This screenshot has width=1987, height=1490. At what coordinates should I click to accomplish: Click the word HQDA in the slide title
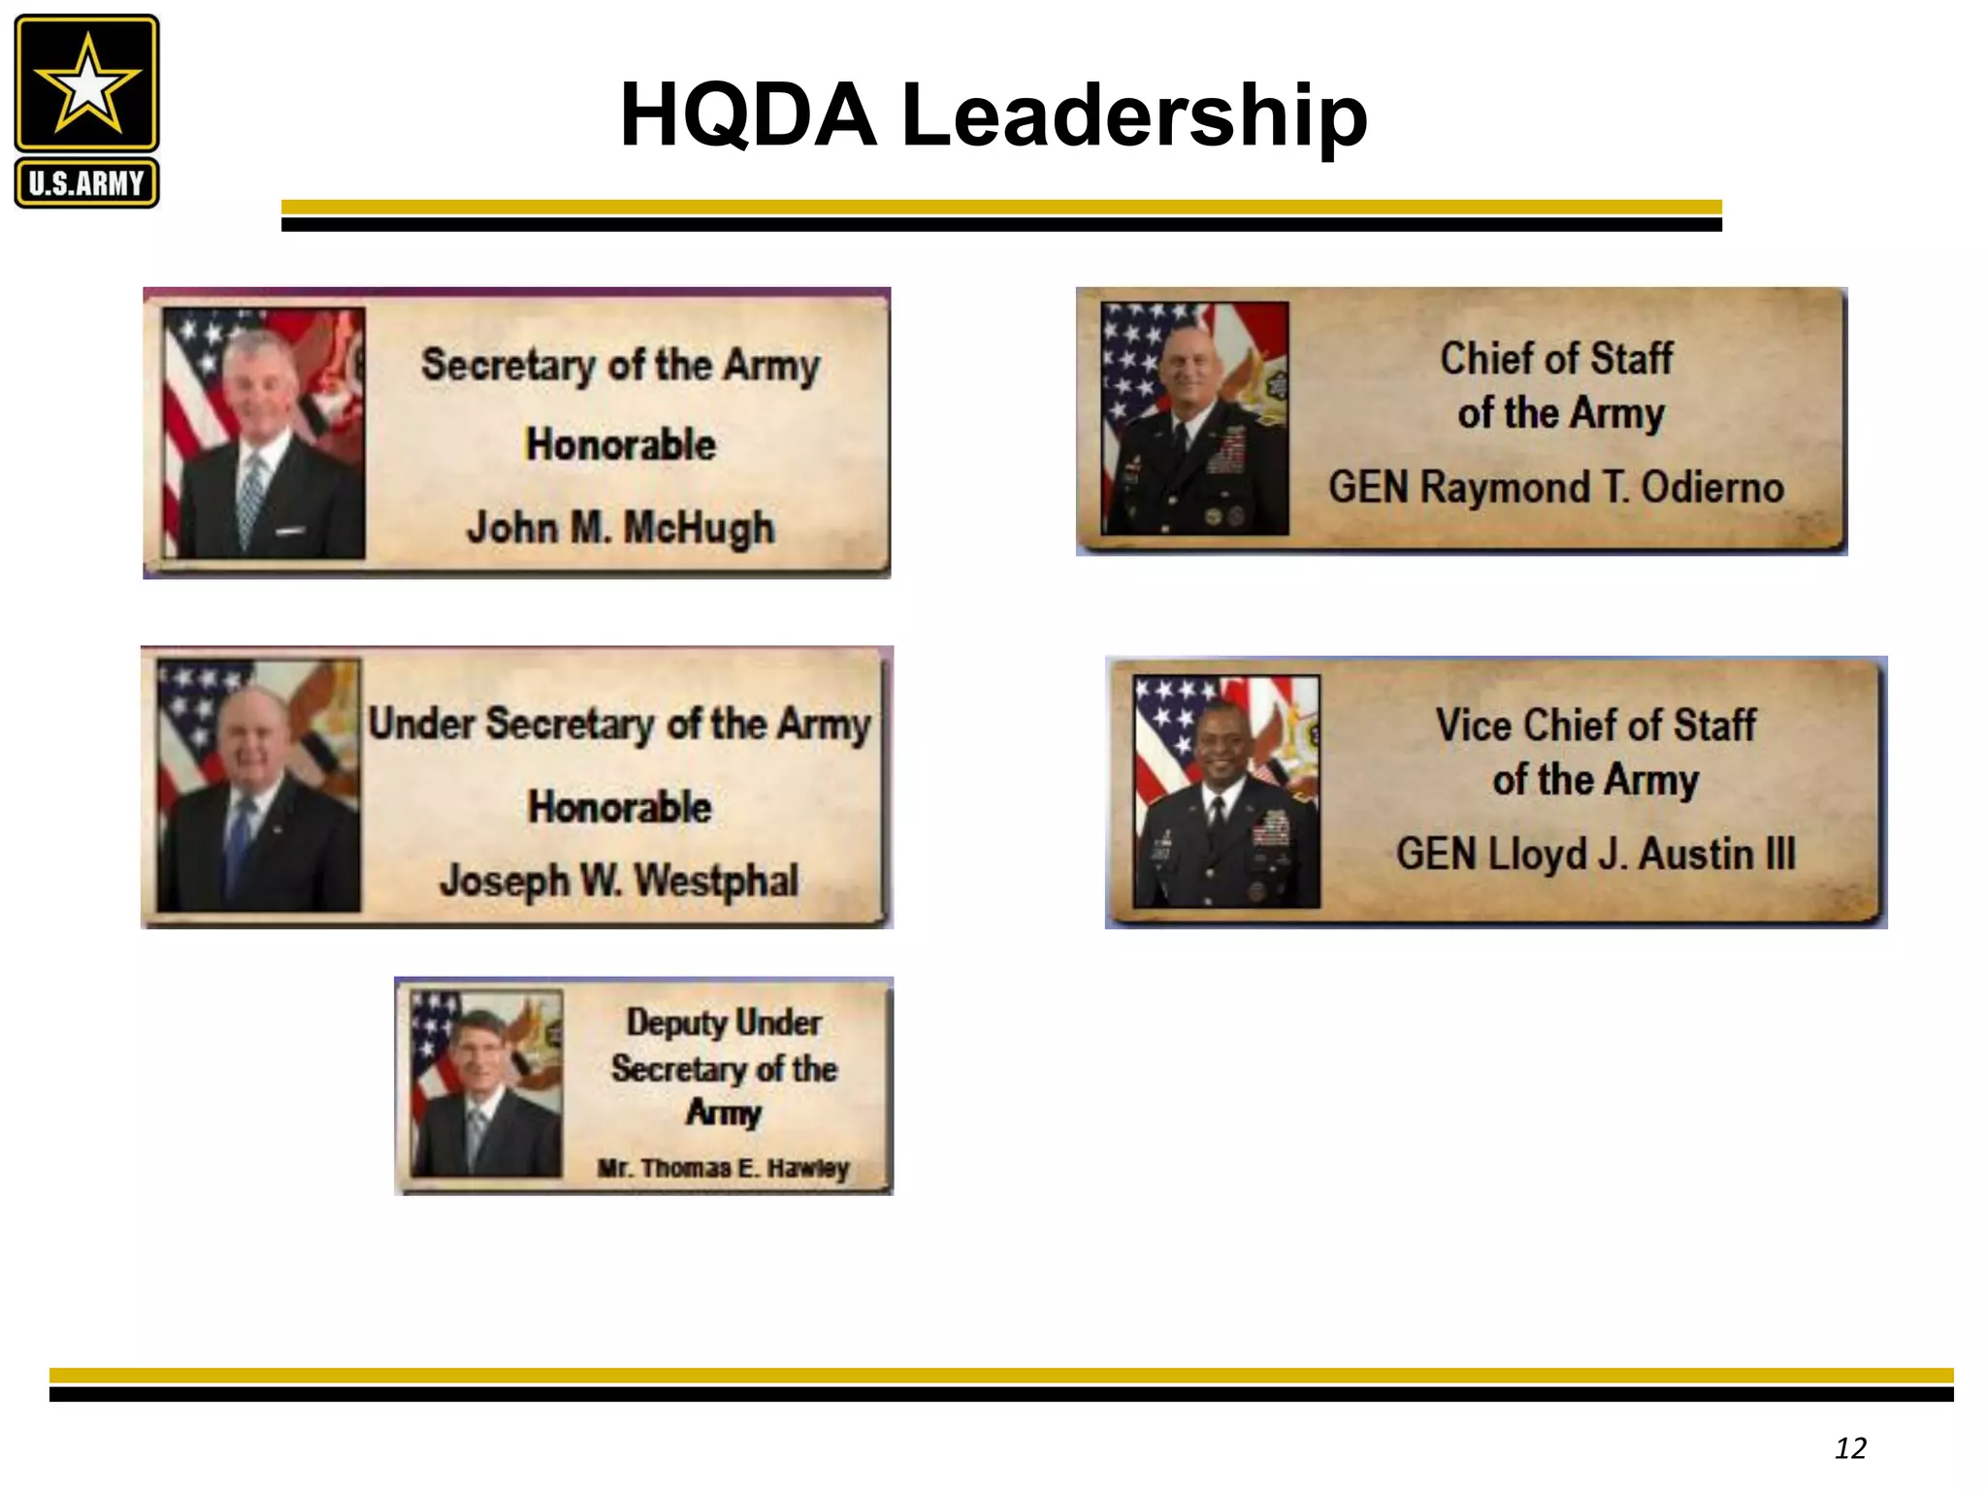point(747,116)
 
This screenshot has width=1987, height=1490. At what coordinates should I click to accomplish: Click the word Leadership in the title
point(1134,116)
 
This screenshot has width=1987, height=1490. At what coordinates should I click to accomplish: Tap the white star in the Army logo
point(87,83)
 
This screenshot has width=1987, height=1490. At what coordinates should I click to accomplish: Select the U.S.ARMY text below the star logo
point(86,183)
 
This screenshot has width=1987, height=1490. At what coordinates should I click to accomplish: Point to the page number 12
point(1850,1448)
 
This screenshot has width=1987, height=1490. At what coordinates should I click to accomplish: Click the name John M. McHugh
point(621,529)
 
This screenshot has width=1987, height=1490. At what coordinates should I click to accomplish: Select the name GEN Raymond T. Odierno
point(1555,487)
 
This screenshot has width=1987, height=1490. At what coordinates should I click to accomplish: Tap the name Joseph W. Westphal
point(619,881)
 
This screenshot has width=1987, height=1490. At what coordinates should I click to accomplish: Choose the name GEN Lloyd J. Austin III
point(1595,855)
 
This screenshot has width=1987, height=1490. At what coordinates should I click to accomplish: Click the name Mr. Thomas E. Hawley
point(723,1168)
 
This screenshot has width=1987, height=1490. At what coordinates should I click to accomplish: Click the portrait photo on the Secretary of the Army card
point(264,433)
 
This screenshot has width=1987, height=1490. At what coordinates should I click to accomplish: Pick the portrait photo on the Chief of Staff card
point(1195,418)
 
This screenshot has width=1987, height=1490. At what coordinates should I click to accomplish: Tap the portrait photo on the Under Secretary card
point(258,786)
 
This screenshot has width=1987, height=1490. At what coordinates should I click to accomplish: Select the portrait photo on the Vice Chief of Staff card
point(1226,792)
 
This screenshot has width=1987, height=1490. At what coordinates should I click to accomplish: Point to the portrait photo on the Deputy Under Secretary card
point(486,1084)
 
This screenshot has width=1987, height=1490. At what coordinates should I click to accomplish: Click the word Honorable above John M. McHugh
point(621,445)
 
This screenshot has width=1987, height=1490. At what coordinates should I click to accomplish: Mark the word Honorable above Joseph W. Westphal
point(619,807)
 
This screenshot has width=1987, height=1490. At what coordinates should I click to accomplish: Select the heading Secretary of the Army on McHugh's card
point(621,366)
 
